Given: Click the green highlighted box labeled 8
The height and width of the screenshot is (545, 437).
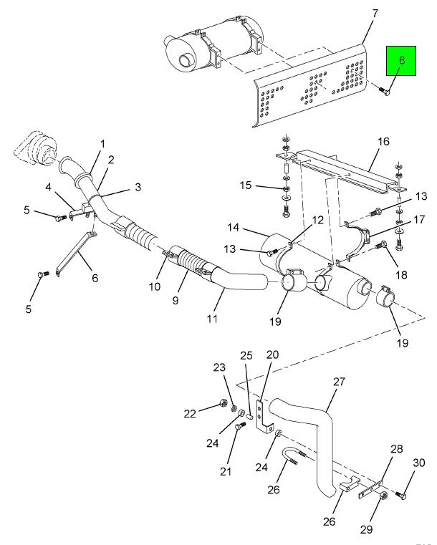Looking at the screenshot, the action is coord(401,60).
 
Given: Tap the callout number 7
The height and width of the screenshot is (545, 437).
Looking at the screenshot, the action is coord(375,14).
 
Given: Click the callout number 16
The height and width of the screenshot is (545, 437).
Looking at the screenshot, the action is coord(383,142).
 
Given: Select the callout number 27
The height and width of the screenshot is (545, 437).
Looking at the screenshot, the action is coord(339,381).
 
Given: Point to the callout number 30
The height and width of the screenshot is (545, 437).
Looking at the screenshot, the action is coord(419,463).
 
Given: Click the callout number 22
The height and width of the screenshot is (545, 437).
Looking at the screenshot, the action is coord(190,414).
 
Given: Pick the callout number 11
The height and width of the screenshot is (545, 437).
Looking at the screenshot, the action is coord(212,319).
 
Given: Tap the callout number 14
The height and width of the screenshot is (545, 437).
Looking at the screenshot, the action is coord(234,227).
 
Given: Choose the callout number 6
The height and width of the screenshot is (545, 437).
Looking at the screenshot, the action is coord(95,278).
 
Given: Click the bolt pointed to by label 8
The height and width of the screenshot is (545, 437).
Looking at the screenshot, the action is coord(384,91).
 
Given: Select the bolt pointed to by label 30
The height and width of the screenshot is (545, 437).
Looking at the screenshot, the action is coord(401,495).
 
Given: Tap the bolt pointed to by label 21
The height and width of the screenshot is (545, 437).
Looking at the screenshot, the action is coord(240,426).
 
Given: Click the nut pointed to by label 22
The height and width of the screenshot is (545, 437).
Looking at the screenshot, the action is coord(223,403).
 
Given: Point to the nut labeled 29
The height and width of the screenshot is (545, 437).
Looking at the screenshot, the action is coord(382,495).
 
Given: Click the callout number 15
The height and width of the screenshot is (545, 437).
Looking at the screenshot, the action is coord(246,185).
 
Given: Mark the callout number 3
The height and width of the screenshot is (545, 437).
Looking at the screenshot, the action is coord(138,187).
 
